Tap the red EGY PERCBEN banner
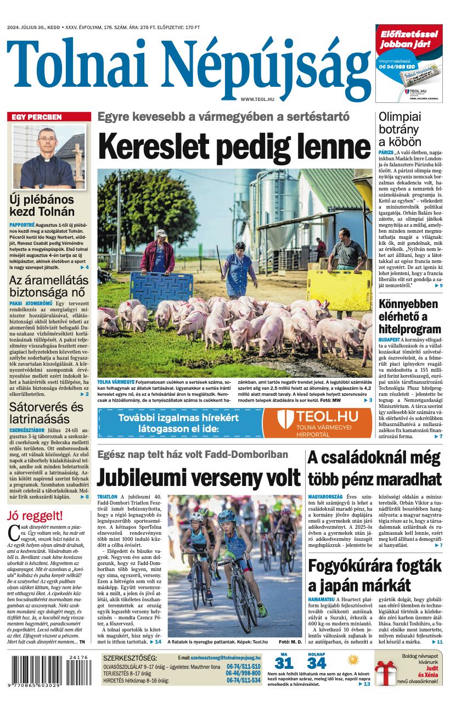[x=49, y=117]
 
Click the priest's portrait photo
[x=49, y=156]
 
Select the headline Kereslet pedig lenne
[x=234, y=147]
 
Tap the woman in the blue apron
[x=239, y=269]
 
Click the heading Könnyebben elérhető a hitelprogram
[x=409, y=317]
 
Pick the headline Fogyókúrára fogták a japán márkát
[x=375, y=575]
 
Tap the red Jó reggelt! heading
[x=35, y=516]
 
